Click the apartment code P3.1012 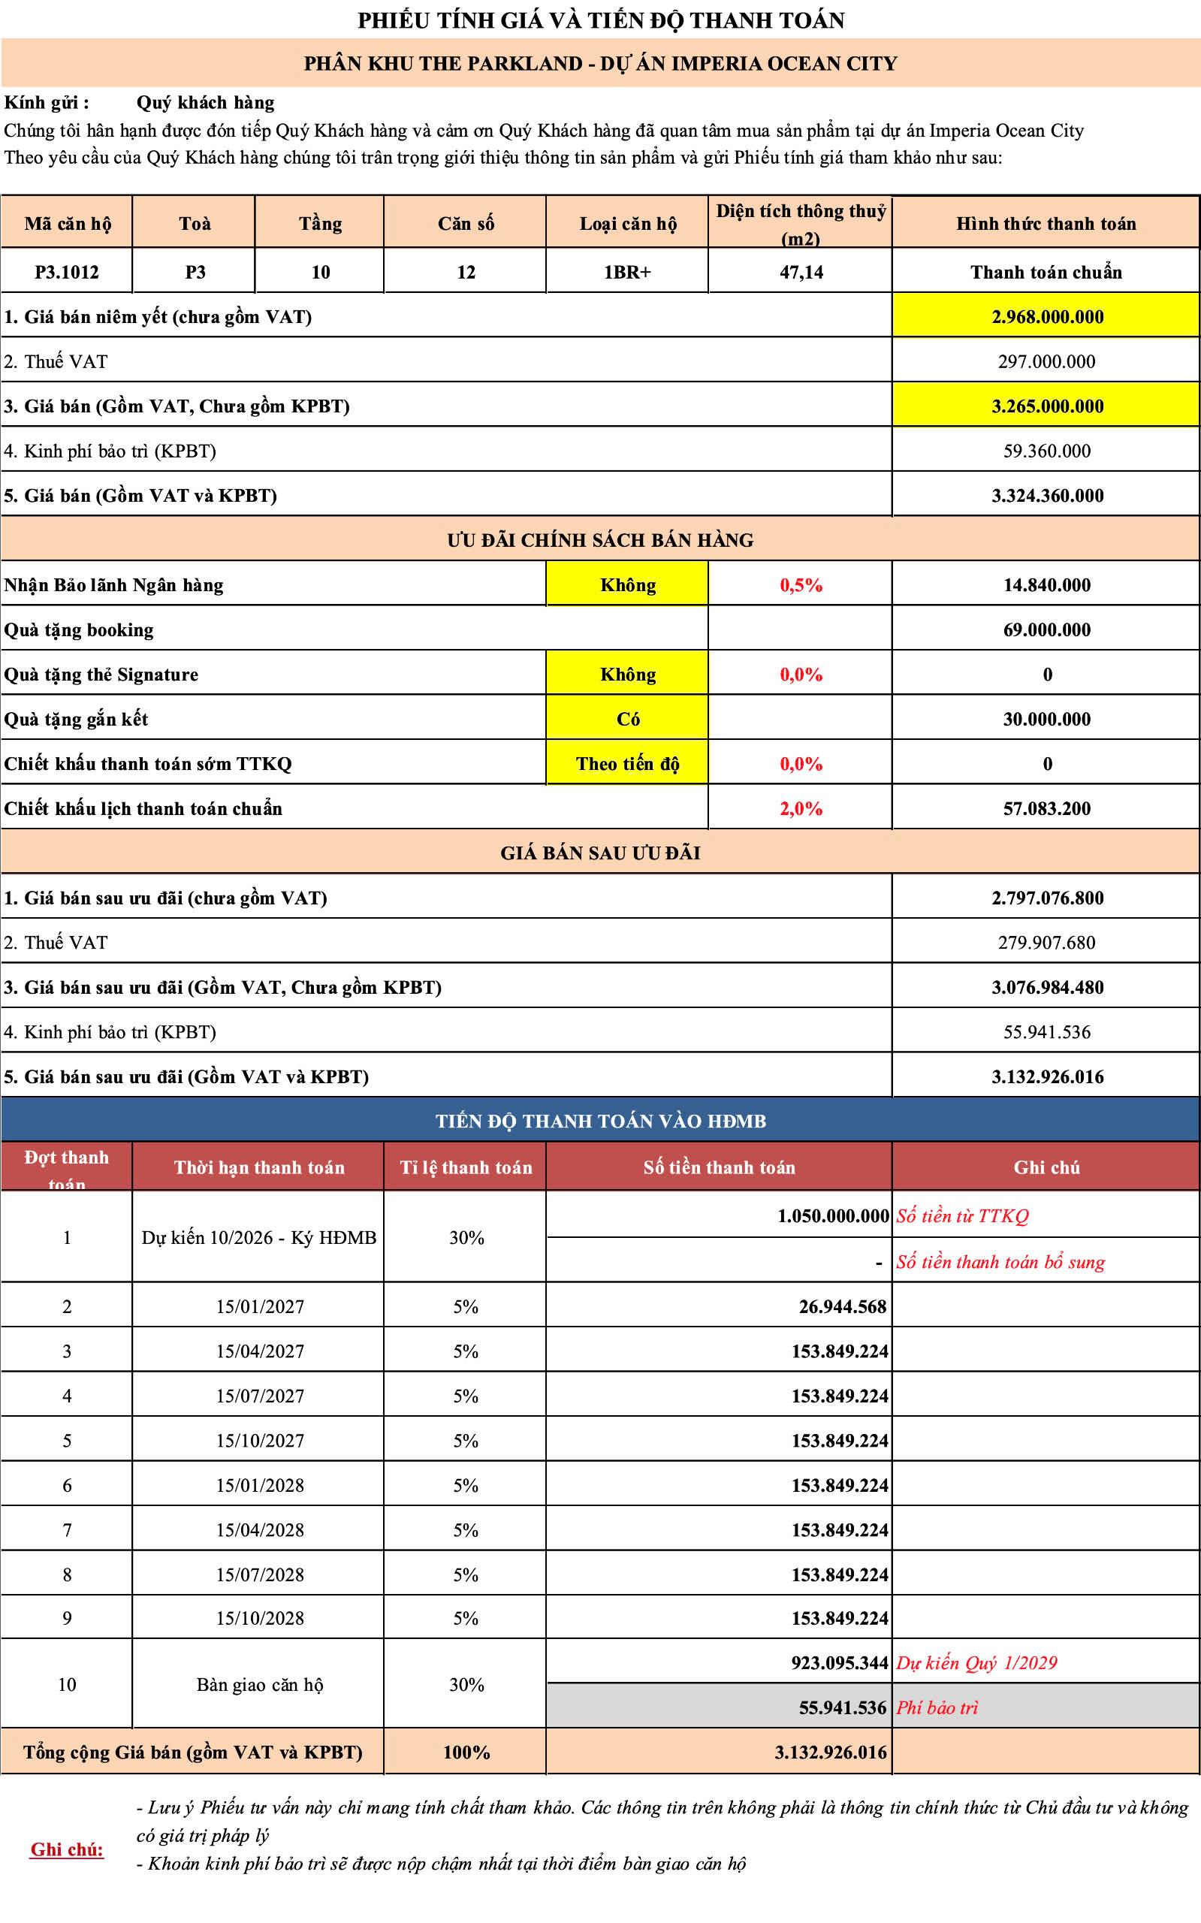click(x=67, y=273)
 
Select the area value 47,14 click(x=801, y=273)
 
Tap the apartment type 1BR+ click(x=627, y=273)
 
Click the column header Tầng click(x=320, y=223)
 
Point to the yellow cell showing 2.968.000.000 click(x=1047, y=317)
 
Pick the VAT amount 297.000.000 click(x=1047, y=361)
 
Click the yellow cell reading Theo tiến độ click(x=627, y=763)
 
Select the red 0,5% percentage click(x=801, y=585)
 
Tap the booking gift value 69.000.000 click(x=1047, y=630)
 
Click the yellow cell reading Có click(x=627, y=719)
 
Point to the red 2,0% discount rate click(x=801, y=808)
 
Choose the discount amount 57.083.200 click(x=1047, y=808)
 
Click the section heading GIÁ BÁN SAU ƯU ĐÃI click(x=601, y=853)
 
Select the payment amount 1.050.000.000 click(x=833, y=1216)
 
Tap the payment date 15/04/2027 click(x=260, y=1351)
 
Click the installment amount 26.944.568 click(x=842, y=1306)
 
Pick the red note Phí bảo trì click(x=937, y=1707)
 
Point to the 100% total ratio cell click(x=466, y=1752)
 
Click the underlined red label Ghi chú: click(x=68, y=1849)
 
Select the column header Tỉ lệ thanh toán click(x=466, y=1167)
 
